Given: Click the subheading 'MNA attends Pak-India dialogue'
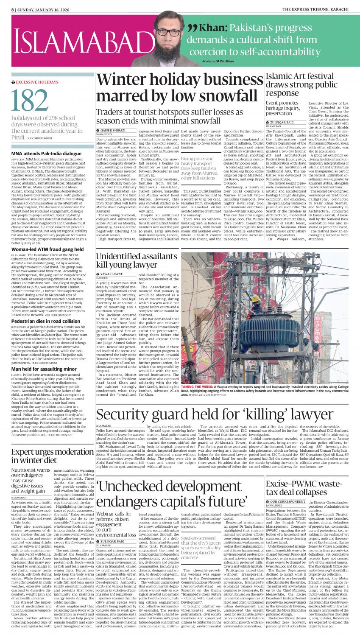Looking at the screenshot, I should (47, 154).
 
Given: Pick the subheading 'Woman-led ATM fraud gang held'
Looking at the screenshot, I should (47, 249).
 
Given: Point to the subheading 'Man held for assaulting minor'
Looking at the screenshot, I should (44, 369).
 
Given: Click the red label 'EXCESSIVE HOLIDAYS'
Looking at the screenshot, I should (37, 82).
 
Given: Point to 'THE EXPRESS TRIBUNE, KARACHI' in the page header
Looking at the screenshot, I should (315, 9).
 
